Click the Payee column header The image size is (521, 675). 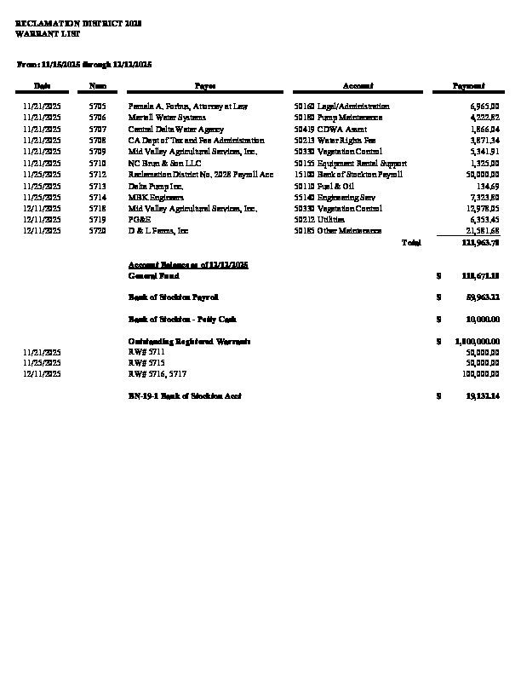[205, 86]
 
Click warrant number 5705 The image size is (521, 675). [97, 107]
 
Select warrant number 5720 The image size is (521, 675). [97, 230]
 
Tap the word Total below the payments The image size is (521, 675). [411, 243]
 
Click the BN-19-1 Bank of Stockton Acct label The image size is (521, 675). [185, 396]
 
